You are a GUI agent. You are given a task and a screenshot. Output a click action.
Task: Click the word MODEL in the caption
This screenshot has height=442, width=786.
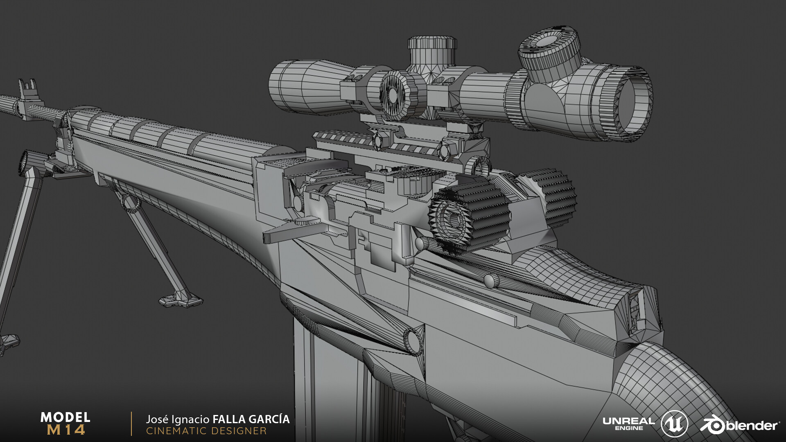click(65, 417)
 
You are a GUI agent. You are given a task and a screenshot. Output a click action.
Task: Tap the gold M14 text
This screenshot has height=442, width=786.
click(66, 430)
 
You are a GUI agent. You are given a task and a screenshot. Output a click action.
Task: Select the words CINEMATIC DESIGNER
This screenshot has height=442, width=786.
click(206, 431)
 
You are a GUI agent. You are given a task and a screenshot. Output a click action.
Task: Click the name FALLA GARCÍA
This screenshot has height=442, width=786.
click(251, 419)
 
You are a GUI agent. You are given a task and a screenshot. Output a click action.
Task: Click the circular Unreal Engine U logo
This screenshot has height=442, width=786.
click(674, 424)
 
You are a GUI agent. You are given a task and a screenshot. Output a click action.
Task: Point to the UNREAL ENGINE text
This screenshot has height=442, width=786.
click(629, 424)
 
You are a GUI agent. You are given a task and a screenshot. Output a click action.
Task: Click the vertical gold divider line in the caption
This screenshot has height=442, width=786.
click(131, 424)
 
